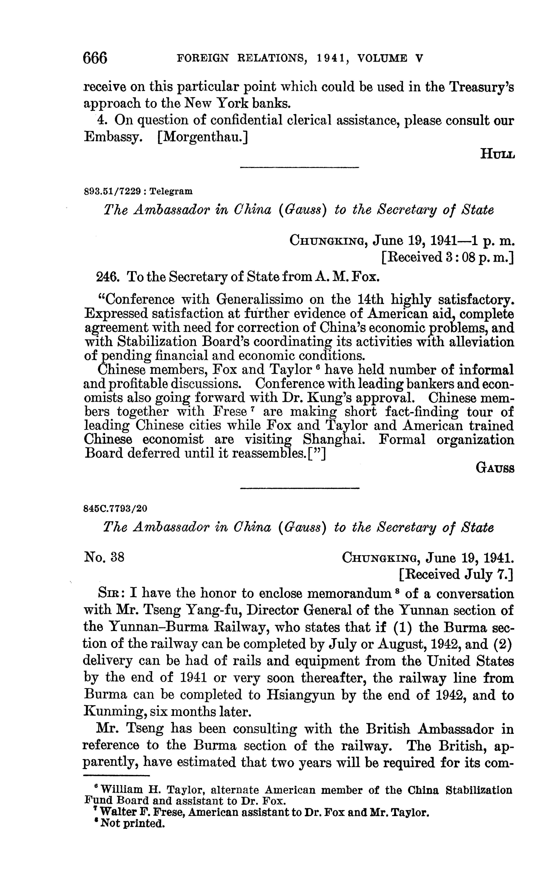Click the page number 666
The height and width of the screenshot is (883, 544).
[95, 58]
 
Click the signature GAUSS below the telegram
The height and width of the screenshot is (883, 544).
[495, 468]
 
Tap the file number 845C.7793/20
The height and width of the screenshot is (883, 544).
[115, 508]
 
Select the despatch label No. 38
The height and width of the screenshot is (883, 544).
[104, 557]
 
